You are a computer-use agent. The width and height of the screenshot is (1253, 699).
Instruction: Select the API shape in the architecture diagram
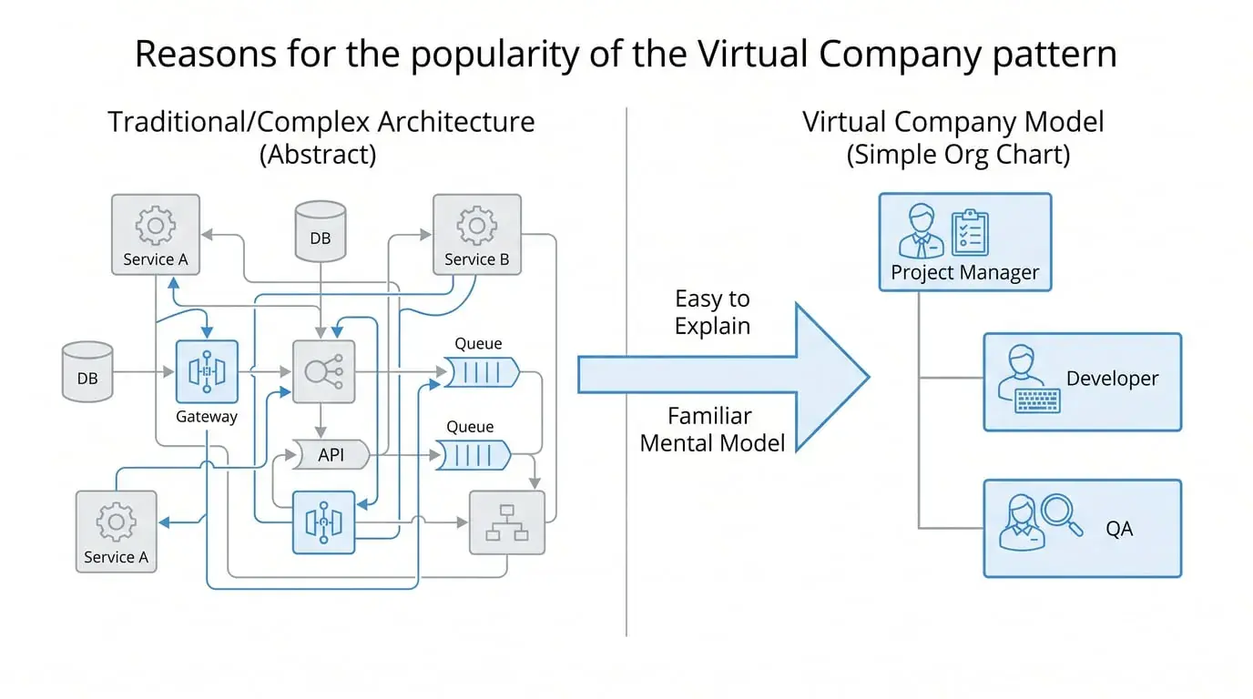click(331, 454)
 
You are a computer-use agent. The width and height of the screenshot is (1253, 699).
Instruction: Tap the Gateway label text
click(207, 417)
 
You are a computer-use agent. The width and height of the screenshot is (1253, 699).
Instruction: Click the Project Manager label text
click(964, 272)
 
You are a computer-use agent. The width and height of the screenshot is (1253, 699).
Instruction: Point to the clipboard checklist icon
click(970, 231)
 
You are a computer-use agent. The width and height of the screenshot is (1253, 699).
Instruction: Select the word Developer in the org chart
click(1112, 379)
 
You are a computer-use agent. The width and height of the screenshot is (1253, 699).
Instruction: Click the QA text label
click(1119, 528)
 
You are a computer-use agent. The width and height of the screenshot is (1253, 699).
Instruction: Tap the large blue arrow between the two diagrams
click(728, 375)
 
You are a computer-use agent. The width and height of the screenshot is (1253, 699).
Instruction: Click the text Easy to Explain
click(713, 312)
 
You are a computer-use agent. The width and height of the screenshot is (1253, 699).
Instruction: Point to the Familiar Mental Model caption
click(711, 430)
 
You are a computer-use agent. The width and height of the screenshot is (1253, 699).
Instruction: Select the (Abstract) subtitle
click(318, 154)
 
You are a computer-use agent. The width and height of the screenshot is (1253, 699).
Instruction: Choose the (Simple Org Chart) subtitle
click(958, 154)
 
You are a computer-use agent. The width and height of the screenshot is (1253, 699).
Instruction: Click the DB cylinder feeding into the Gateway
click(87, 371)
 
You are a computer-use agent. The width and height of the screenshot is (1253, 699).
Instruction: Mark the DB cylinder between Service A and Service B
click(321, 231)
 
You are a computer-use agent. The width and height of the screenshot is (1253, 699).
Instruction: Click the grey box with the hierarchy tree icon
click(506, 522)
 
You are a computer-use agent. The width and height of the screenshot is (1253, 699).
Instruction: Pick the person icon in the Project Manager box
click(921, 231)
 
